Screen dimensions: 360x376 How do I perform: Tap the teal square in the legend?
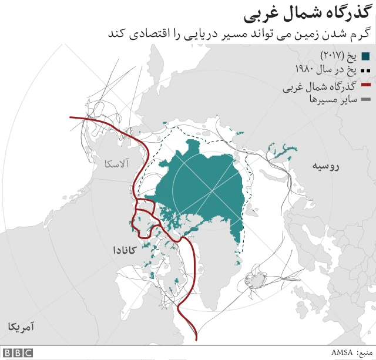pos(365,56)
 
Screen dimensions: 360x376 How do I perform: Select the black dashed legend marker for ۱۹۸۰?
pos(365,71)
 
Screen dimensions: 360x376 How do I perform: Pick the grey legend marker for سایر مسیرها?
pos(365,100)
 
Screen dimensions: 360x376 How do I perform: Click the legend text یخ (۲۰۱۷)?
pos(339,56)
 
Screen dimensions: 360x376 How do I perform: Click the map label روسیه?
pos(325,167)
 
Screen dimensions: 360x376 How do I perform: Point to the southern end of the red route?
pos(196,338)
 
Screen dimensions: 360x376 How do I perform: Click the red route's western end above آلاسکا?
pos(71,117)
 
